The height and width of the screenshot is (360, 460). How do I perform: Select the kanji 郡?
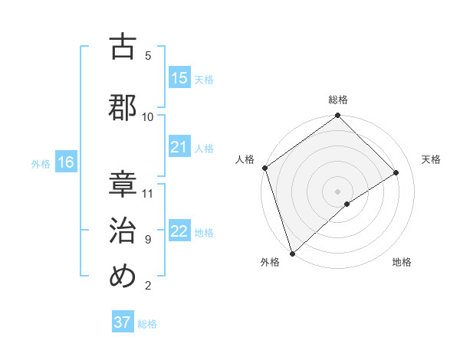coord(123,106)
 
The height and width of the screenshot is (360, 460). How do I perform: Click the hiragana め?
coord(123,276)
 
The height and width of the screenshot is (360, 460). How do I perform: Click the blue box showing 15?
coord(179,78)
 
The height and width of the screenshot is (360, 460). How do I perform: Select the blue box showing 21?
coord(179,147)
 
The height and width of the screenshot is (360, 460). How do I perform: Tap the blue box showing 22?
coord(179,231)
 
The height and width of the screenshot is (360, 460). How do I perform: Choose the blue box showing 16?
coord(66,162)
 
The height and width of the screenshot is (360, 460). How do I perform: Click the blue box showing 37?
coord(123,322)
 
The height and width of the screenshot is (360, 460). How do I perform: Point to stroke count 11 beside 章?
coord(148,193)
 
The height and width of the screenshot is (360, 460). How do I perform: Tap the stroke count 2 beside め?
coord(148,286)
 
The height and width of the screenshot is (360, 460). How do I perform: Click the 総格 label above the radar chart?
coord(338,100)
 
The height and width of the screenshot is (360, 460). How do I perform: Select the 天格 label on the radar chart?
coord(432,159)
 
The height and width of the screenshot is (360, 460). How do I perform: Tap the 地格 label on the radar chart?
coord(402,262)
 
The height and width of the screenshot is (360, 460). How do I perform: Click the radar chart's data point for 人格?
coord(264,168)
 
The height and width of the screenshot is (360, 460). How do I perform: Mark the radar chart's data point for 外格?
coord(292,253)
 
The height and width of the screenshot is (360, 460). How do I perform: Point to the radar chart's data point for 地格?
coord(347,204)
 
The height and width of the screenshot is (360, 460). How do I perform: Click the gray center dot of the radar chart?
coord(338,191)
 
